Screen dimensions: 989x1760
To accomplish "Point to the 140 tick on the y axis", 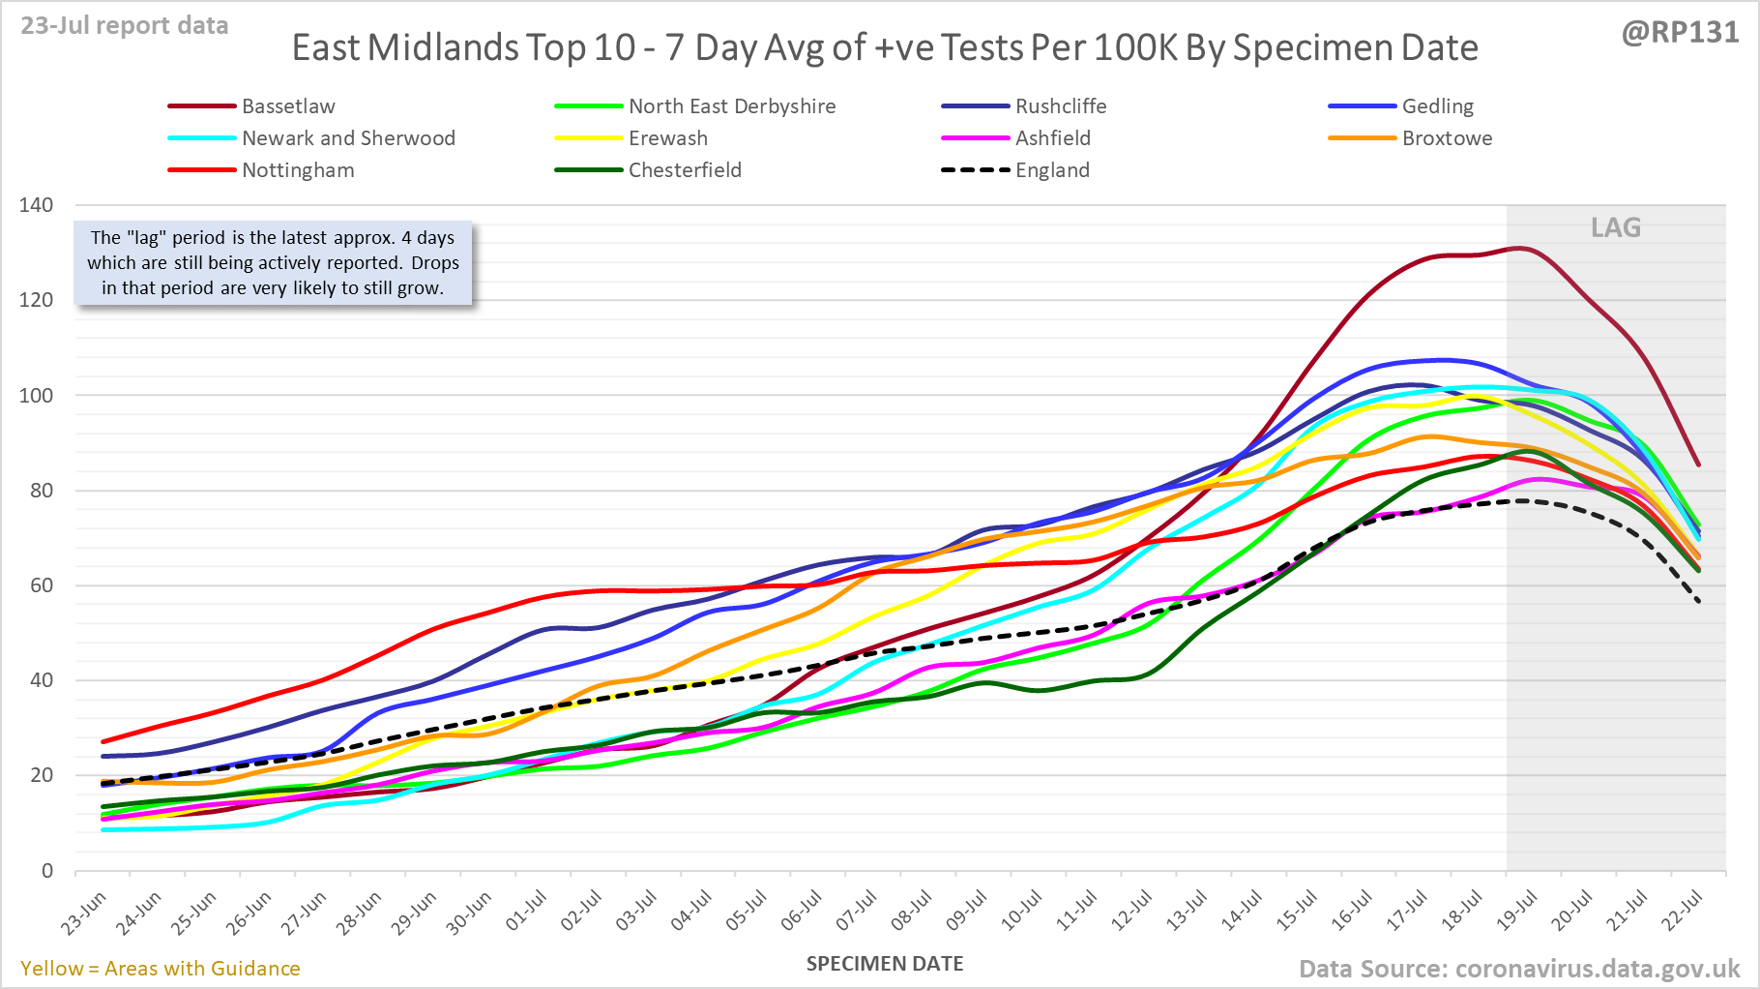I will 36,205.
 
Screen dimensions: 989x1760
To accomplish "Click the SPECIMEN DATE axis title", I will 885,964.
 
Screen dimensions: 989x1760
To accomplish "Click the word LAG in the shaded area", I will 1616,227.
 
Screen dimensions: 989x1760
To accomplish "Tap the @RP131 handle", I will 1680,32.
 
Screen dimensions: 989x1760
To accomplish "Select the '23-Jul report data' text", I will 125,25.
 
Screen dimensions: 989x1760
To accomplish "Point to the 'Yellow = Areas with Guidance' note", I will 161,969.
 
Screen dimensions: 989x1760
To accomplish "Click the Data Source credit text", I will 1518,969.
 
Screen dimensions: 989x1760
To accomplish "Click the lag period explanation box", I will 273,262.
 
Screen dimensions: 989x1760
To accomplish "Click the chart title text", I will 885,47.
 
